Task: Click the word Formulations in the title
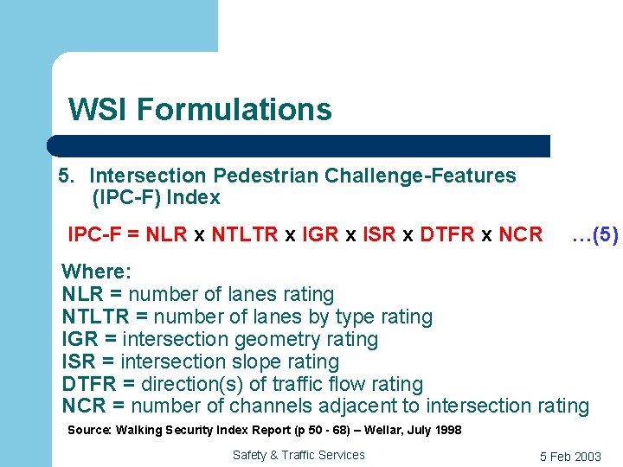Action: (234, 110)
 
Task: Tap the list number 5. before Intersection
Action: (67, 176)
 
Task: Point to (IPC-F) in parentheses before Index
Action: (126, 197)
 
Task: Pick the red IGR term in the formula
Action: (320, 234)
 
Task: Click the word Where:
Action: (97, 272)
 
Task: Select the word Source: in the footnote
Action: (89, 430)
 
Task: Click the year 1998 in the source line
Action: (446, 430)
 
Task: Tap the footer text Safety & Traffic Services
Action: (299, 455)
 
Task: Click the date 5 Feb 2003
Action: (570, 456)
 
